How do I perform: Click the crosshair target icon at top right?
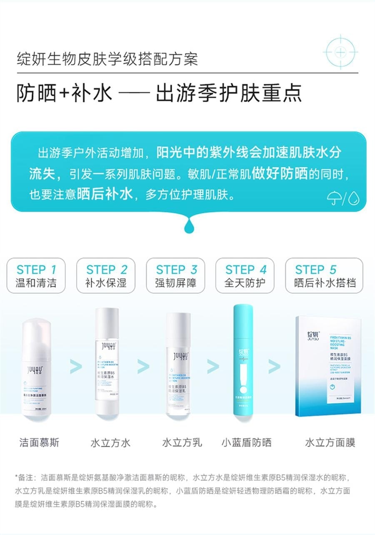pyautogui.click(x=340, y=52)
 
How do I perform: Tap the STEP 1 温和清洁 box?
pyautogui.click(x=36, y=275)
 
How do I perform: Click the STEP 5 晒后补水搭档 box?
pyautogui.click(x=324, y=275)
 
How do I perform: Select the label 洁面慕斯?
pyautogui.click(x=39, y=442)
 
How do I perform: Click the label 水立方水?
pyautogui.click(x=110, y=442)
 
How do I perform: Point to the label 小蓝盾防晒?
pyautogui.click(x=246, y=442)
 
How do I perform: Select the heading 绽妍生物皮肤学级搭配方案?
pyautogui.click(x=107, y=59)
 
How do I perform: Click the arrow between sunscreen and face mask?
pyautogui.click(x=274, y=367)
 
